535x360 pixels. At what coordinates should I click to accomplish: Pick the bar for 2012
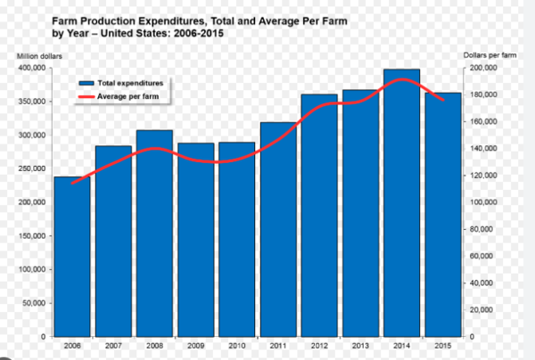click(x=318, y=215)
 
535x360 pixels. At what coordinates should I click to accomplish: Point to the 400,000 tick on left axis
click(x=32, y=68)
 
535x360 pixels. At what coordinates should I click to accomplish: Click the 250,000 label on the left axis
click(x=32, y=168)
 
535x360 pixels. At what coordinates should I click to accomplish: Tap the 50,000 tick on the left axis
click(x=35, y=303)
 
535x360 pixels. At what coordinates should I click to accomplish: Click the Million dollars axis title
click(x=36, y=56)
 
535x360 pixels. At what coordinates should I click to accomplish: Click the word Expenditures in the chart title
click(x=182, y=19)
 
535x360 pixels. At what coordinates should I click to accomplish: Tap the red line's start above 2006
click(x=72, y=184)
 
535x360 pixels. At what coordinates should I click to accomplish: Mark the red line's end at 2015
click(x=443, y=100)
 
